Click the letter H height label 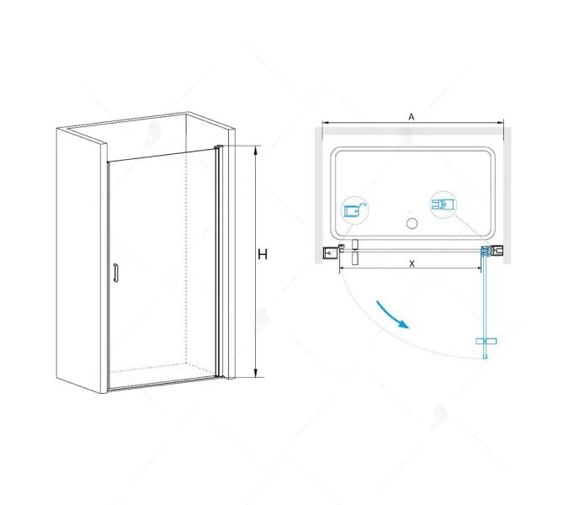point(263,254)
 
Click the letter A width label point(411,118)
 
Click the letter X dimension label point(411,263)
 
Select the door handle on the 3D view point(116,274)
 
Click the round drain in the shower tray point(412,223)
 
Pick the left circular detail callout point(355,210)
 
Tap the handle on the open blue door point(487,341)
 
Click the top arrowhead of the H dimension point(254,149)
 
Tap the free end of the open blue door point(487,358)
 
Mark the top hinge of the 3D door point(218,149)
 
